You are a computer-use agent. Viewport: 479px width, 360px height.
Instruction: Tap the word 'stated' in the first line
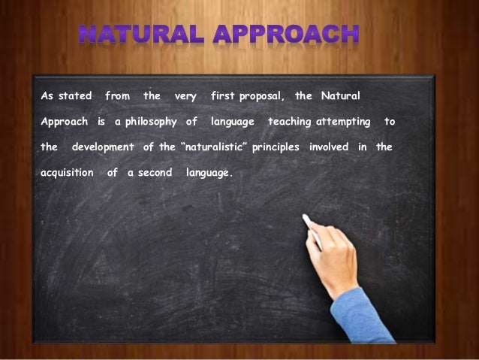(74, 96)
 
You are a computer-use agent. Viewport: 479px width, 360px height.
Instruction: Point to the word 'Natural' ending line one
(340, 96)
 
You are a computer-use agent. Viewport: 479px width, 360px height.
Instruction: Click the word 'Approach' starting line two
(64, 122)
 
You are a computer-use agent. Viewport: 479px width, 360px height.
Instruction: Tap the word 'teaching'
(291, 122)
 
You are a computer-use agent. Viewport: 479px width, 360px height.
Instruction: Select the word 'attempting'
(343, 122)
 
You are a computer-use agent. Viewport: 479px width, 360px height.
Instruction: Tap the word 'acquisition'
(67, 172)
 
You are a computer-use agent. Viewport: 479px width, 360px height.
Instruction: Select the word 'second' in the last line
(155, 172)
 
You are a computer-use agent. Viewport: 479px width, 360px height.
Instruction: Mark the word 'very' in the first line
(185, 96)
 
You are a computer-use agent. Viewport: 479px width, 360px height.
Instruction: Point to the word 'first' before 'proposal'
(223, 96)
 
